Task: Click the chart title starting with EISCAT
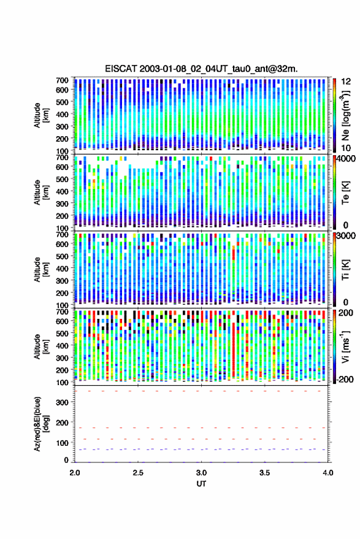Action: [x=201, y=69]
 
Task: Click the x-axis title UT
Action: [x=201, y=484]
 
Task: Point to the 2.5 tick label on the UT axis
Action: [x=138, y=473]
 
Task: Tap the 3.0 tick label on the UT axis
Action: [x=201, y=473]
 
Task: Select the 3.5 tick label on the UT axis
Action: [x=264, y=473]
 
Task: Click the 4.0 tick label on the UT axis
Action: [x=327, y=473]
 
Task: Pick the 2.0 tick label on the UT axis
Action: [x=75, y=473]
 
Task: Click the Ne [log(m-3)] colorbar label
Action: [x=345, y=115]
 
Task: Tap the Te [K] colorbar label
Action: [x=345, y=193]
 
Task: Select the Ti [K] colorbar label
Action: [x=345, y=270]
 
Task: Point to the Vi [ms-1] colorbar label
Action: [x=345, y=346]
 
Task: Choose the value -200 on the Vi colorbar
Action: [x=345, y=379]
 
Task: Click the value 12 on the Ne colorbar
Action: [x=346, y=82]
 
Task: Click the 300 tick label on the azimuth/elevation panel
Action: [x=62, y=402]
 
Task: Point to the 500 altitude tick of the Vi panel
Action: [x=62, y=334]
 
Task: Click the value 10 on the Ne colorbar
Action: [x=346, y=148]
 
